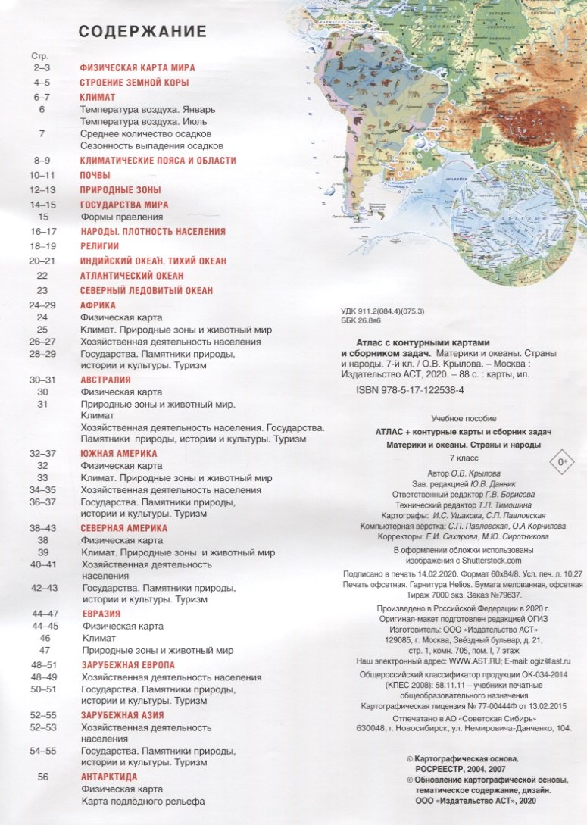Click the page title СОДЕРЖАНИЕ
[142, 32]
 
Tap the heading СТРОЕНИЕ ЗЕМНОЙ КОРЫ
[134, 82]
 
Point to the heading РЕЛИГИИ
[99, 246]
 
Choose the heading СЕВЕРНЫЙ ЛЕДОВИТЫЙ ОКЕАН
[146, 290]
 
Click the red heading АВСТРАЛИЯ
[105, 380]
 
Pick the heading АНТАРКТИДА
[108, 777]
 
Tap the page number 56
[42, 777]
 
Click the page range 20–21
[42, 261]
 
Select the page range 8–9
[42, 161]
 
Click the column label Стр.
[38, 56]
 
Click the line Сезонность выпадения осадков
[151, 145]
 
